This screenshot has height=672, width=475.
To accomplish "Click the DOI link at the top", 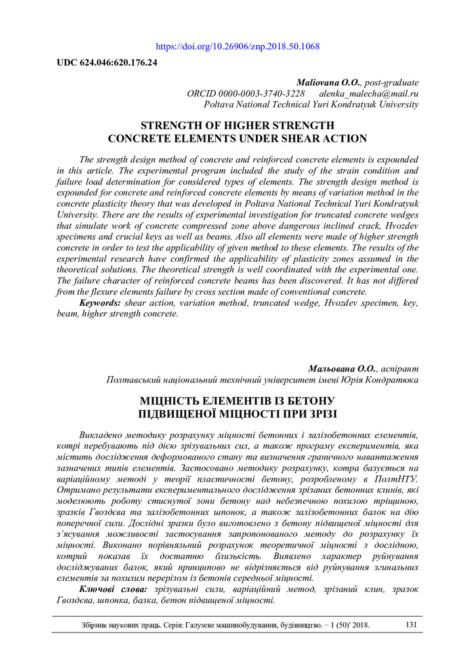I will coord(238,47).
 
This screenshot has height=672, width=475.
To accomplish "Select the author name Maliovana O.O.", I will coord(329,83).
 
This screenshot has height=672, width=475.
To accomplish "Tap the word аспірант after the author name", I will coord(399,369).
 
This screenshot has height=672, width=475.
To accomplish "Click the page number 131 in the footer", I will coord(411,625).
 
